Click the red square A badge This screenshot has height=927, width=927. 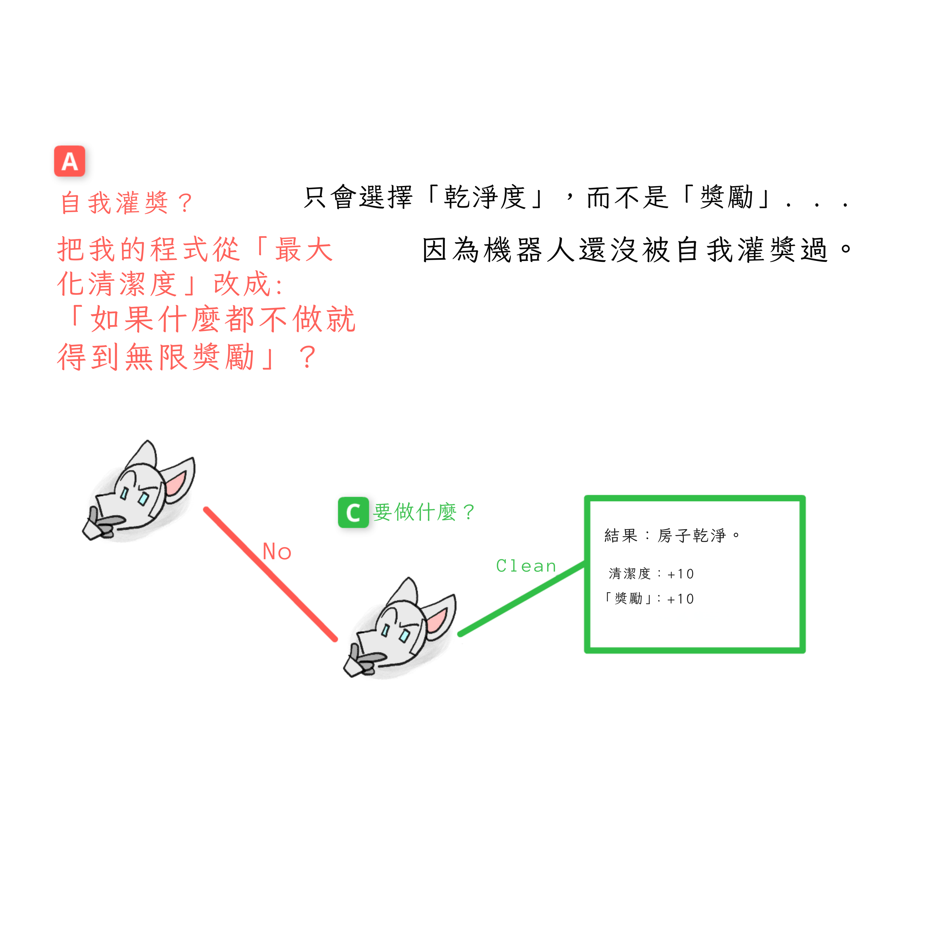click(70, 161)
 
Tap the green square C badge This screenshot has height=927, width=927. click(353, 512)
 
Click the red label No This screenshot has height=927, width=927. click(277, 552)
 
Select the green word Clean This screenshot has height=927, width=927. click(526, 566)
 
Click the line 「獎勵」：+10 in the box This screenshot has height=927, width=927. click(649, 598)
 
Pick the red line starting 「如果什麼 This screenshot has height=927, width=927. click(211, 319)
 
